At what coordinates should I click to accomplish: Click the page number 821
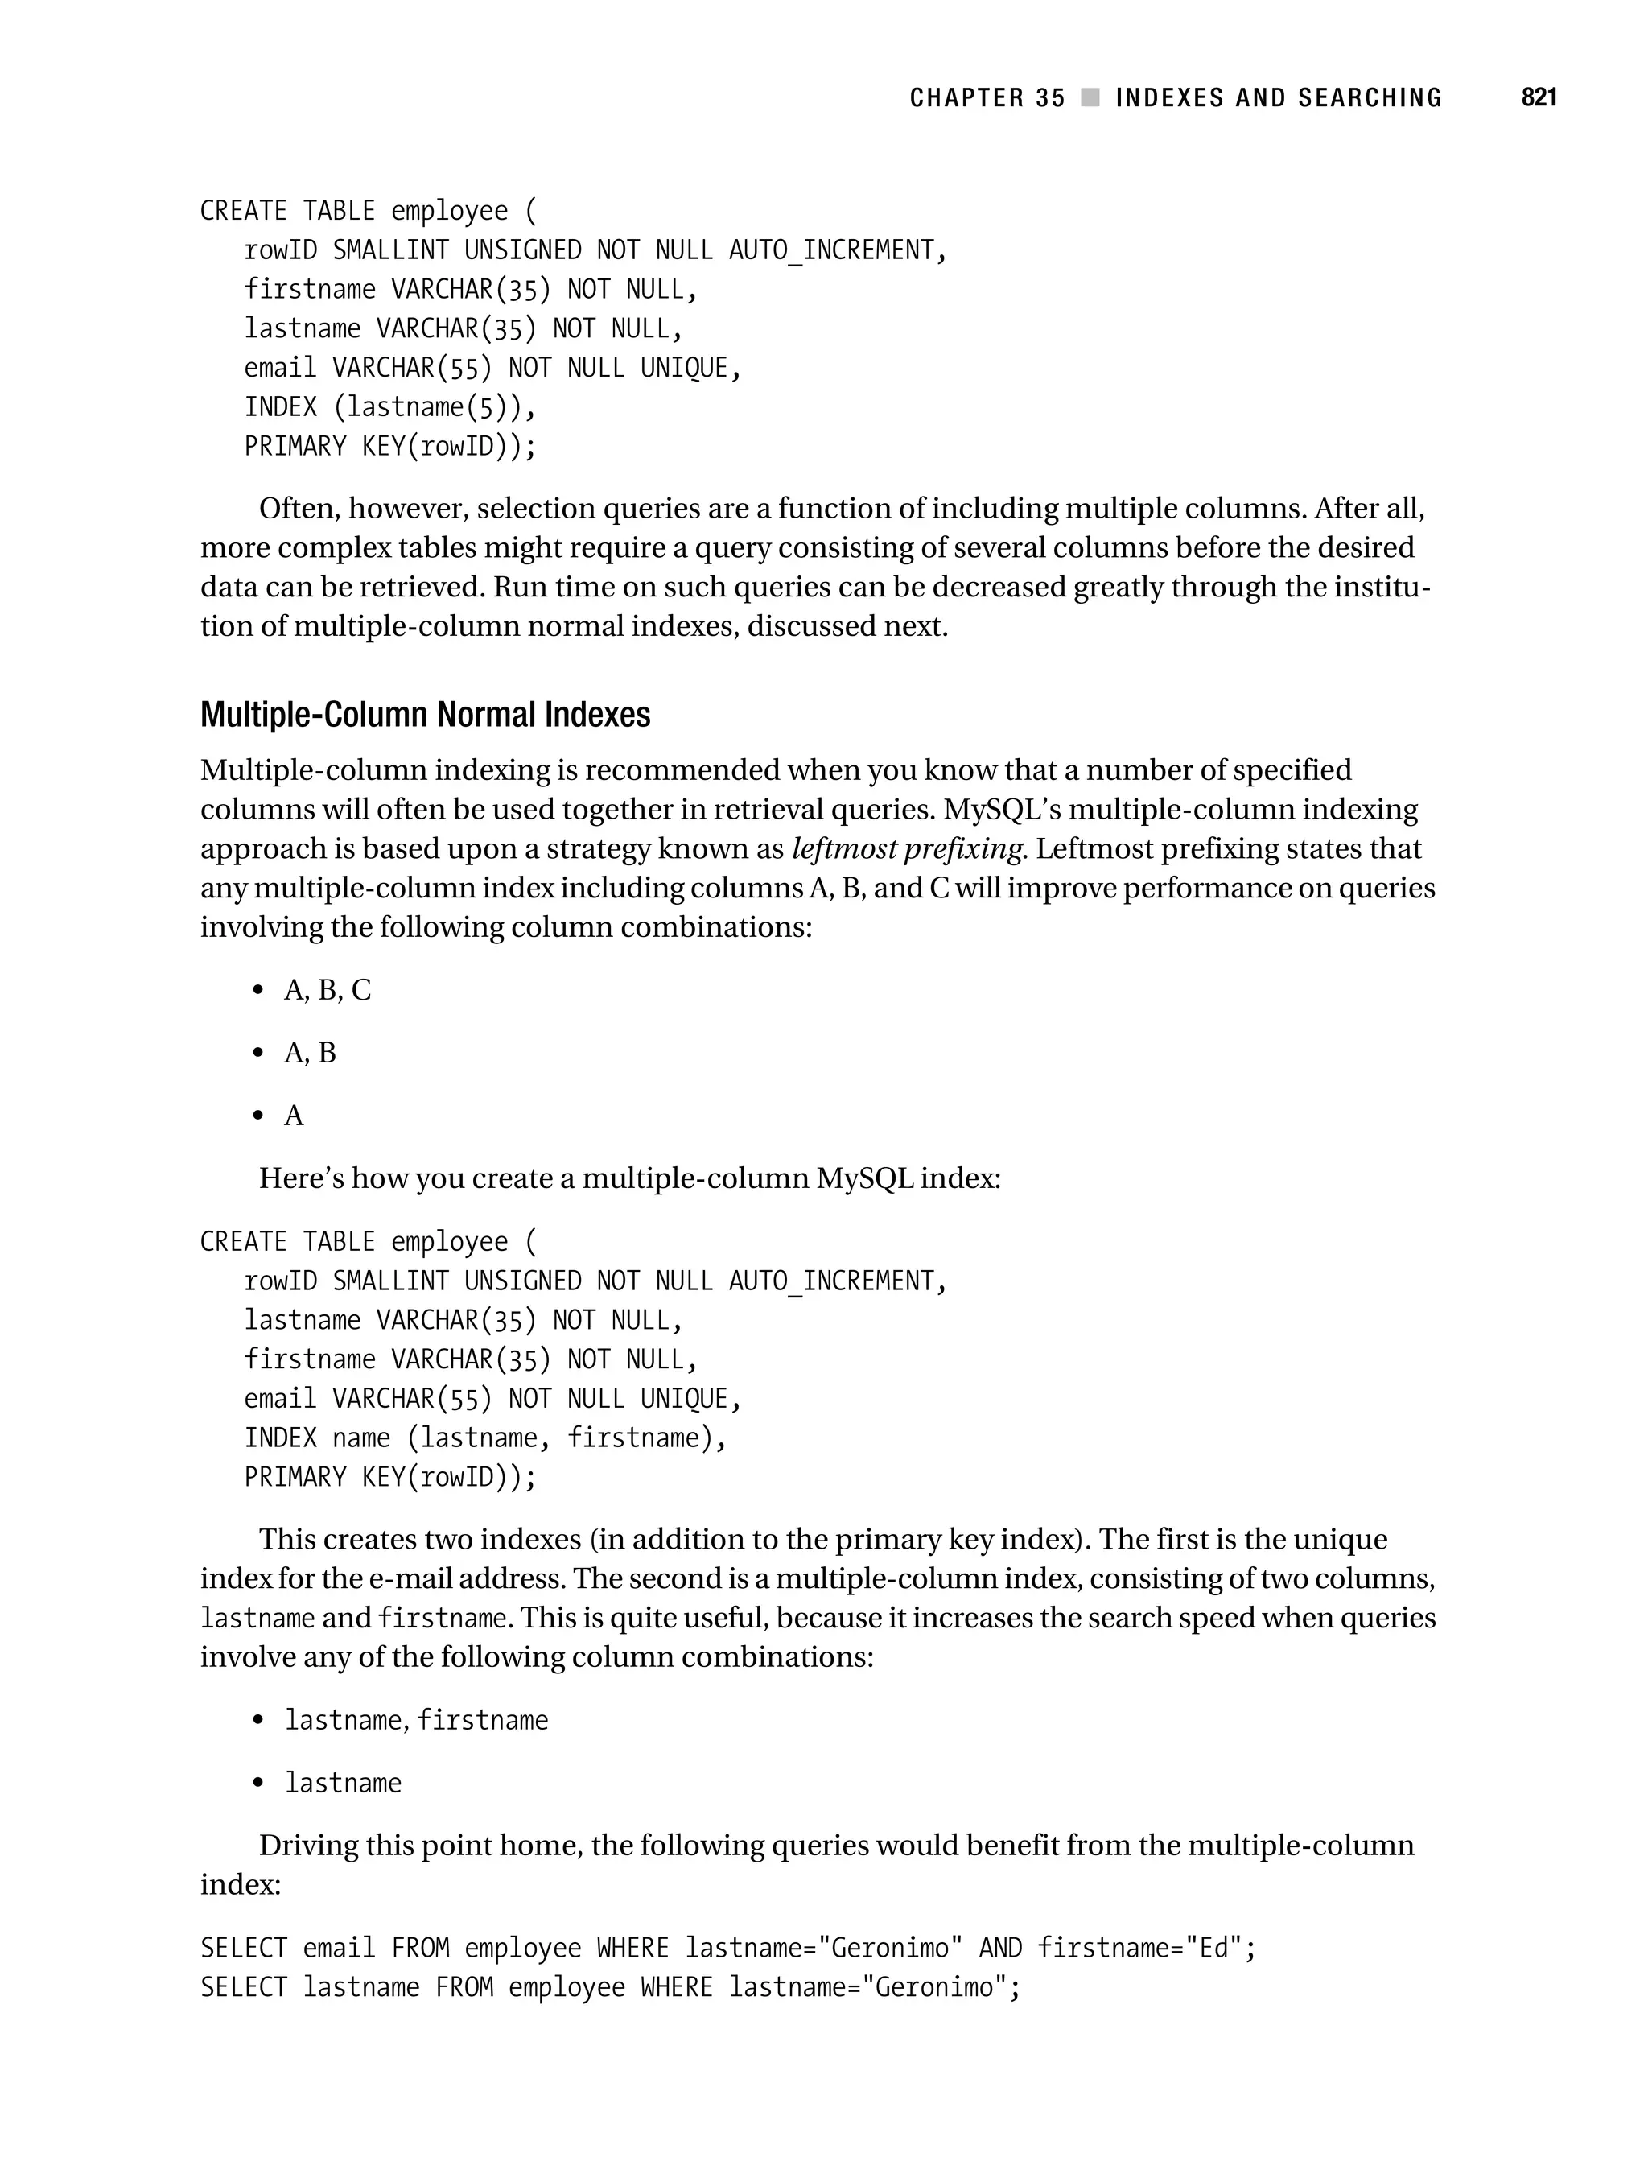pos(1539,97)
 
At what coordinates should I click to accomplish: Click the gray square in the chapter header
pos(1090,97)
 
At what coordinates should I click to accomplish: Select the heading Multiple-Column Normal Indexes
pos(426,714)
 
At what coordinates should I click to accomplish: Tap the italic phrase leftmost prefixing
pos(907,849)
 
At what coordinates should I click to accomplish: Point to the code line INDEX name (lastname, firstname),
pos(484,1438)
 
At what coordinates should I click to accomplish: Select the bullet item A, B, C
pos(327,991)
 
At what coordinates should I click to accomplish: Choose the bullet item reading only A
pos(294,1116)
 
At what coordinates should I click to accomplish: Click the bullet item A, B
pos(309,1054)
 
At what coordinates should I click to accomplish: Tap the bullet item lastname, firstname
pos(415,1720)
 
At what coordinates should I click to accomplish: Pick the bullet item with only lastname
pos(343,1783)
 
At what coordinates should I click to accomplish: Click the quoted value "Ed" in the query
pos(1213,1949)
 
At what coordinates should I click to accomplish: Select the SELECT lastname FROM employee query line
pos(611,1988)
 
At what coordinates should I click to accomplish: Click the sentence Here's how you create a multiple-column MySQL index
pos(629,1178)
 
